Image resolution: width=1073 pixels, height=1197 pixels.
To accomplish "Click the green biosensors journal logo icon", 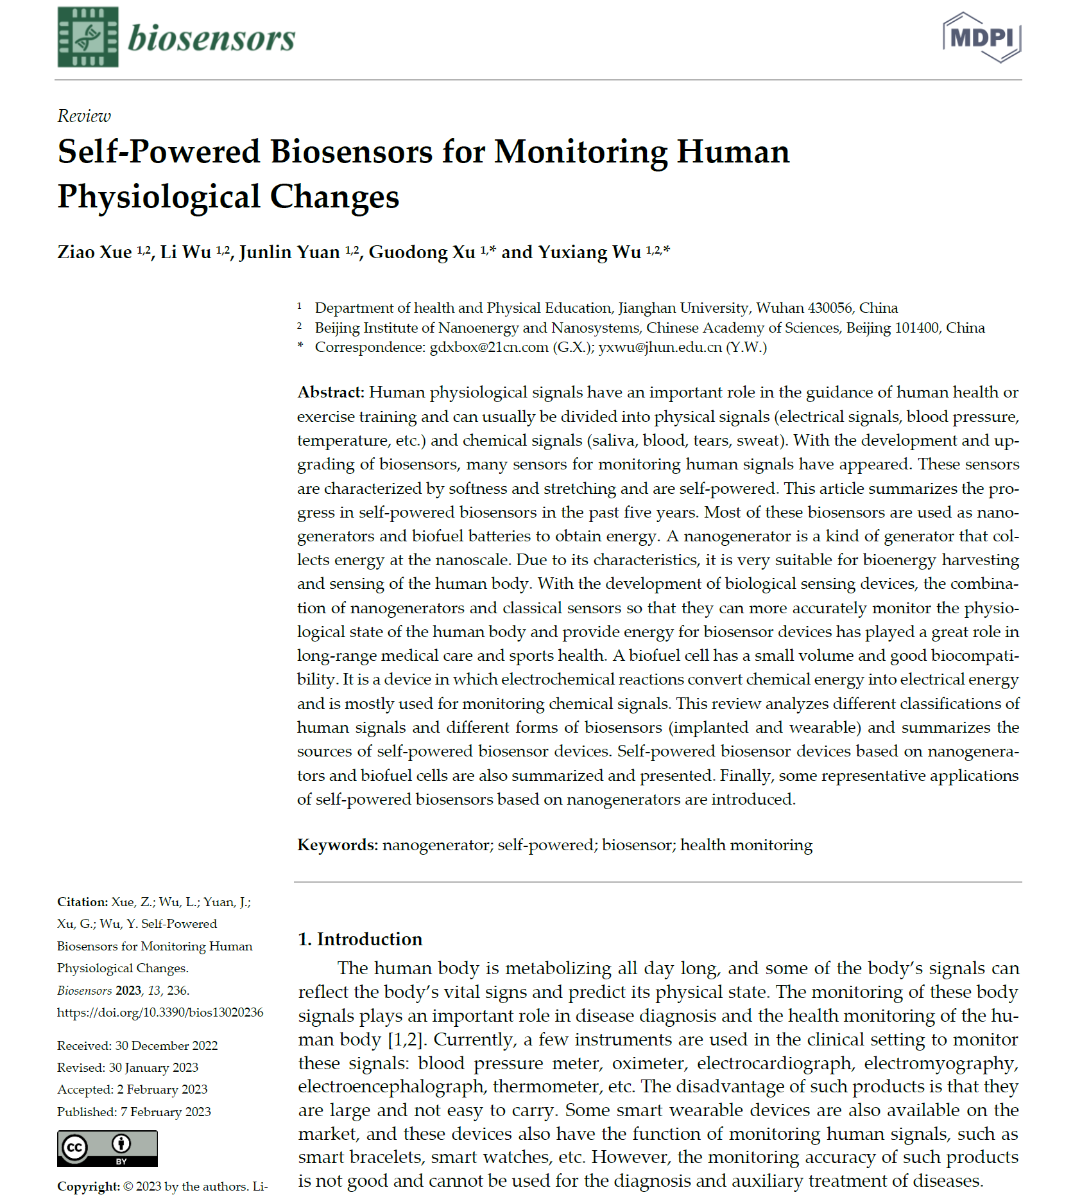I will point(88,37).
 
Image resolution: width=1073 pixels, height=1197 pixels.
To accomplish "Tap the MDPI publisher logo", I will point(981,37).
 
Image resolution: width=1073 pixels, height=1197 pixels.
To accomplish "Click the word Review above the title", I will point(84,116).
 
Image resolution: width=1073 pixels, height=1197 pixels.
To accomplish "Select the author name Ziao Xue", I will point(94,252).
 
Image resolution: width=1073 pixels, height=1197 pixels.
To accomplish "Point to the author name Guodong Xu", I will point(422,252).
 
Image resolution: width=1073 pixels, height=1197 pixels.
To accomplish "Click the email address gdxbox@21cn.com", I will point(489,347).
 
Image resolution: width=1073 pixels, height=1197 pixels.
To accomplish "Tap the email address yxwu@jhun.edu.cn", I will point(660,347).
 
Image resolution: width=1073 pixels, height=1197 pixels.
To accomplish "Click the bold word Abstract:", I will point(330,392).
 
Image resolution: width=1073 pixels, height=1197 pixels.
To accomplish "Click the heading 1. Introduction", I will point(360,939).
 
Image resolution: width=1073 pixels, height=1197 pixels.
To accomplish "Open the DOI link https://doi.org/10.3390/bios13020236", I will point(160,1013).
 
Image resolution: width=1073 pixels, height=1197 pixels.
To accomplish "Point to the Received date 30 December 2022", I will point(166,1046).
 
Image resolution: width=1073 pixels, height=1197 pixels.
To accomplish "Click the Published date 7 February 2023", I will point(166,1112).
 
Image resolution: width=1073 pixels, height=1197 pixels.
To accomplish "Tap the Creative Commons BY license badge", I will point(107,1148).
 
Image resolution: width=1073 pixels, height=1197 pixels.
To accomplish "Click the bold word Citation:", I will point(82,902).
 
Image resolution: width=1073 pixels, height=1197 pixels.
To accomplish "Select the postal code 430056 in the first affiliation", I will point(830,308).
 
